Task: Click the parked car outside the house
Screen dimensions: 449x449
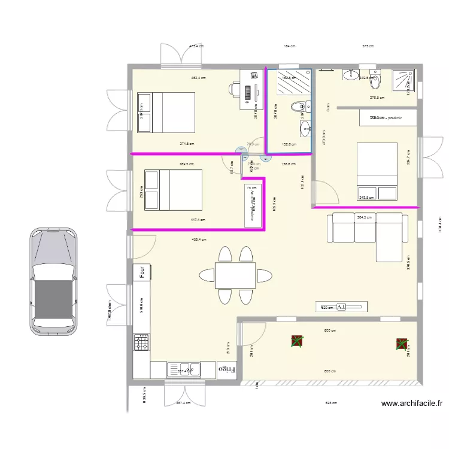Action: [53, 280]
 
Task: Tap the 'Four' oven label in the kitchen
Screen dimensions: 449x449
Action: [142, 272]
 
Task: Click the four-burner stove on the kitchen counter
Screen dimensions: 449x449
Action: [142, 342]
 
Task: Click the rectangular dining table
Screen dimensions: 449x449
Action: [235, 275]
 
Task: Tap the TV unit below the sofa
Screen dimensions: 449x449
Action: [341, 307]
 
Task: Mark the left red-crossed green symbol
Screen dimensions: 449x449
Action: [296, 342]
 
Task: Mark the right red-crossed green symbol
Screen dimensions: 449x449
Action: [401, 344]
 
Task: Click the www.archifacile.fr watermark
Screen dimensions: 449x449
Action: [412, 404]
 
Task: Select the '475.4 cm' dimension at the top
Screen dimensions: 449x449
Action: [196, 46]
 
